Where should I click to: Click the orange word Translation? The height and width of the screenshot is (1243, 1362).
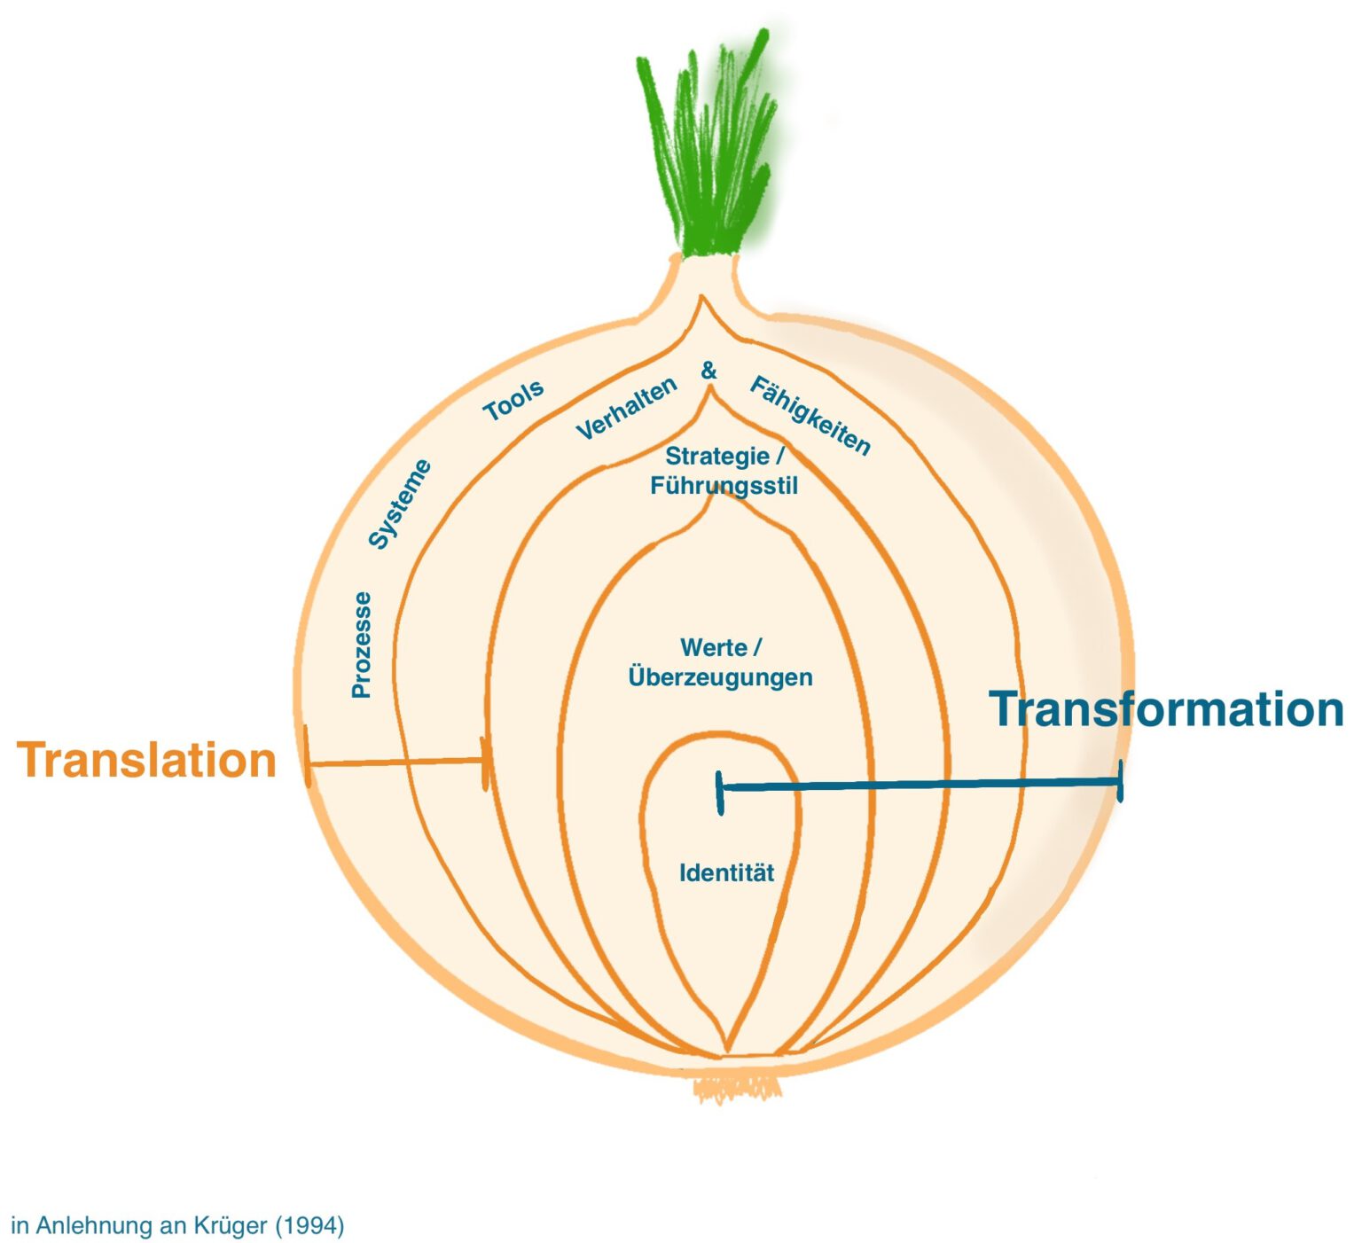click(146, 761)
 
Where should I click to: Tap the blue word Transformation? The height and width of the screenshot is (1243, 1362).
click(1165, 709)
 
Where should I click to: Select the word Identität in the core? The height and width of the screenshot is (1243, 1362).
click(726, 873)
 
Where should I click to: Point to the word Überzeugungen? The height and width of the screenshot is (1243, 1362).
click(720, 677)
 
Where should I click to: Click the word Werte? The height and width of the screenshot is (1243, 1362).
click(713, 648)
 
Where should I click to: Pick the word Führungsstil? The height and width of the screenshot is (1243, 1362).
click(724, 486)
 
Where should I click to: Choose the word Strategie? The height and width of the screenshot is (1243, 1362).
click(717, 457)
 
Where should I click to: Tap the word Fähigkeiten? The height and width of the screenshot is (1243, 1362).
click(810, 415)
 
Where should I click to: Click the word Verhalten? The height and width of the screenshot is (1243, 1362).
click(626, 408)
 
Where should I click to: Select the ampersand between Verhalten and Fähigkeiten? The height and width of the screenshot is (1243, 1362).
click(708, 371)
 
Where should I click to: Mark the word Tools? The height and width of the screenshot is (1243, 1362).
click(513, 402)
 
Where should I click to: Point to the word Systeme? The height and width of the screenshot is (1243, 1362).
click(399, 504)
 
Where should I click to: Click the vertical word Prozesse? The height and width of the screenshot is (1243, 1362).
click(361, 645)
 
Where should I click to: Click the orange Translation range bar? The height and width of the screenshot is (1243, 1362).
click(396, 762)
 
